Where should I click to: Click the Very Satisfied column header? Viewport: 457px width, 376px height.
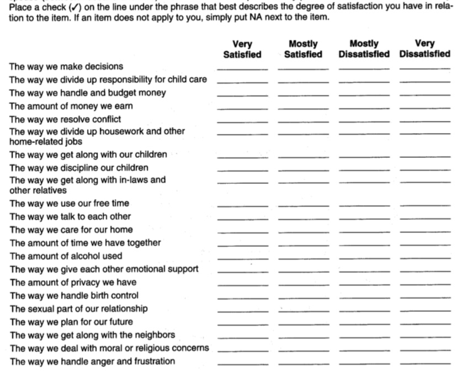point(242,49)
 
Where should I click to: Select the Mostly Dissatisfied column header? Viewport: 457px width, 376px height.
point(364,49)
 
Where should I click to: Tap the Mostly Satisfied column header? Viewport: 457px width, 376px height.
point(303,49)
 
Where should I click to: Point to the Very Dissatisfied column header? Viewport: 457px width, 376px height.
point(425,49)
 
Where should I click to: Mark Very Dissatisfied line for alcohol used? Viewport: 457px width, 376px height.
point(425,258)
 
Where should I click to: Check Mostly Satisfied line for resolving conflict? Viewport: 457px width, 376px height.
point(303,120)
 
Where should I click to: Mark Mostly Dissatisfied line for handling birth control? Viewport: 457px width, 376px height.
point(364,297)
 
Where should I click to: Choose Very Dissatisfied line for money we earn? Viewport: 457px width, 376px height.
point(425,107)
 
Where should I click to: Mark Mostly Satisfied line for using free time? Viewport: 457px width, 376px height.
point(303,205)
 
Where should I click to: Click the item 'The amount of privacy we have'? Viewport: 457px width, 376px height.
point(73,283)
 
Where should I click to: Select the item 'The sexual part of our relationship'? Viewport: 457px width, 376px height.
point(79,309)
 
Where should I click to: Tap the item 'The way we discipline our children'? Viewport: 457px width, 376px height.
point(79,168)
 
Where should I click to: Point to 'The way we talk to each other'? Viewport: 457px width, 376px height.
point(70,216)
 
